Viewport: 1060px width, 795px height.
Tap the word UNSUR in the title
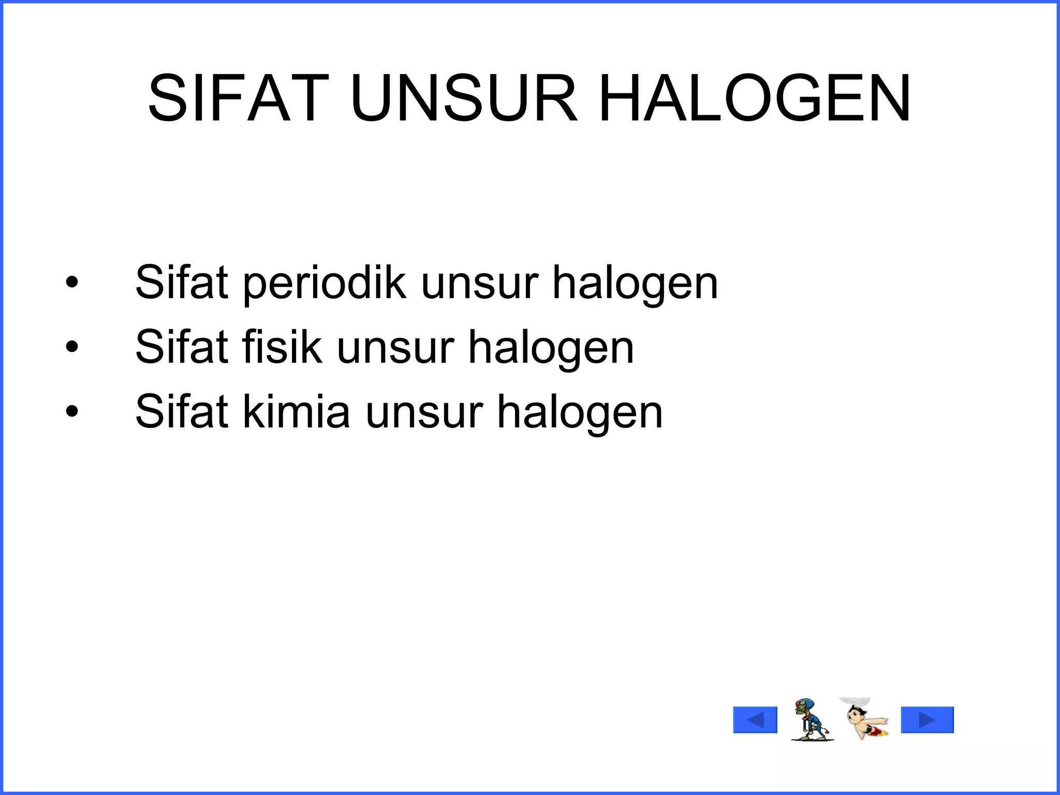(x=463, y=99)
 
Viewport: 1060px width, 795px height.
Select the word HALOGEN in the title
(x=755, y=99)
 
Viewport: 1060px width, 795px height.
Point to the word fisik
(x=282, y=347)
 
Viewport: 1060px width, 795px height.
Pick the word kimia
(x=297, y=412)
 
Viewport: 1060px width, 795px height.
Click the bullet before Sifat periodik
(x=72, y=283)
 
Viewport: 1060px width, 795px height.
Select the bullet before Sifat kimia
(x=72, y=411)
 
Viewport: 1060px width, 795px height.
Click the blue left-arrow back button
(x=755, y=720)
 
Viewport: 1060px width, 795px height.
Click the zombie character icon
(x=810, y=719)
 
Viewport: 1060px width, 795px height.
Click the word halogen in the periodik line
(x=636, y=284)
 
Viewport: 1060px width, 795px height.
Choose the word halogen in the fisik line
(x=551, y=347)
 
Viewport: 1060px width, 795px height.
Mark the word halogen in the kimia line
(x=580, y=412)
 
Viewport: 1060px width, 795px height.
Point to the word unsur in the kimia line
(x=424, y=412)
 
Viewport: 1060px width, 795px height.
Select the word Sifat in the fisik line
(x=182, y=347)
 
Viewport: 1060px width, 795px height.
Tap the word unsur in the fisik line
(x=395, y=347)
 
